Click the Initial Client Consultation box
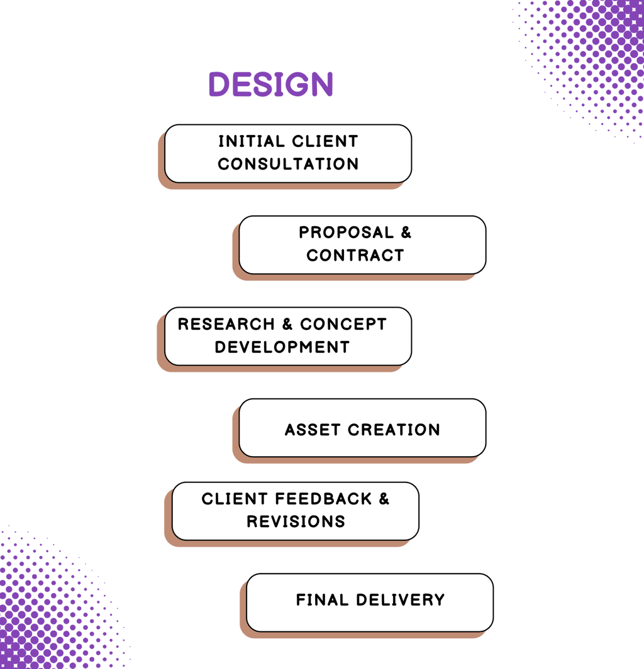pyautogui.click(x=288, y=153)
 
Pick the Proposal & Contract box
pyautogui.click(x=362, y=244)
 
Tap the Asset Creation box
pyautogui.click(x=362, y=427)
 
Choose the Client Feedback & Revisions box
pyautogui.click(x=296, y=511)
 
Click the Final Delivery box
pyautogui.click(x=370, y=602)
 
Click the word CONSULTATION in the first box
pyautogui.click(x=288, y=164)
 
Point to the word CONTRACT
pyautogui.click(x=355, y=256)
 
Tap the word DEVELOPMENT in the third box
pyautogui.click(x=282, y=347)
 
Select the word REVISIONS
pyautogui.click(x=296, y=522)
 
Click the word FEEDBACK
pyautogui.click(x=321, y=499)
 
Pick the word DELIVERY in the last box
pyautogui.click(x=400, y=600)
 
